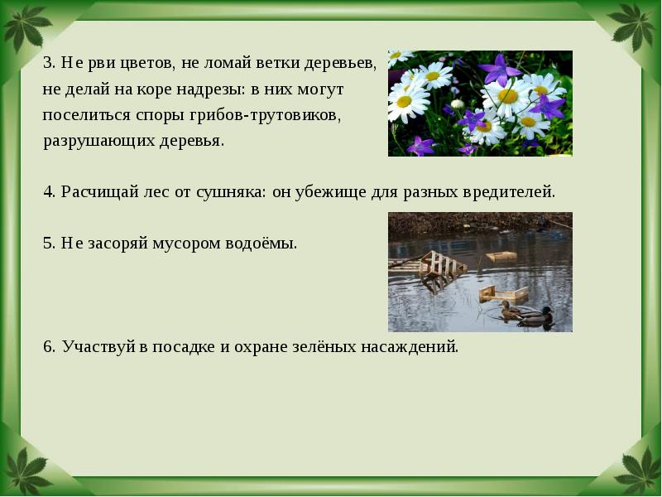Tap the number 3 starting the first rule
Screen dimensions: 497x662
tap(47, 63)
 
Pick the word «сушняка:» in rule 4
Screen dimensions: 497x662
tap(229, 192)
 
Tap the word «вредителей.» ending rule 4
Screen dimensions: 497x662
tap(510, 192)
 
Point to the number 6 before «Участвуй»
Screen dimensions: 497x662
tap(48, 346)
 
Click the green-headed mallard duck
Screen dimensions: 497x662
tap(535, 316)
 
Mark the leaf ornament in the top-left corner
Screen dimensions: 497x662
tap(23, 25)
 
